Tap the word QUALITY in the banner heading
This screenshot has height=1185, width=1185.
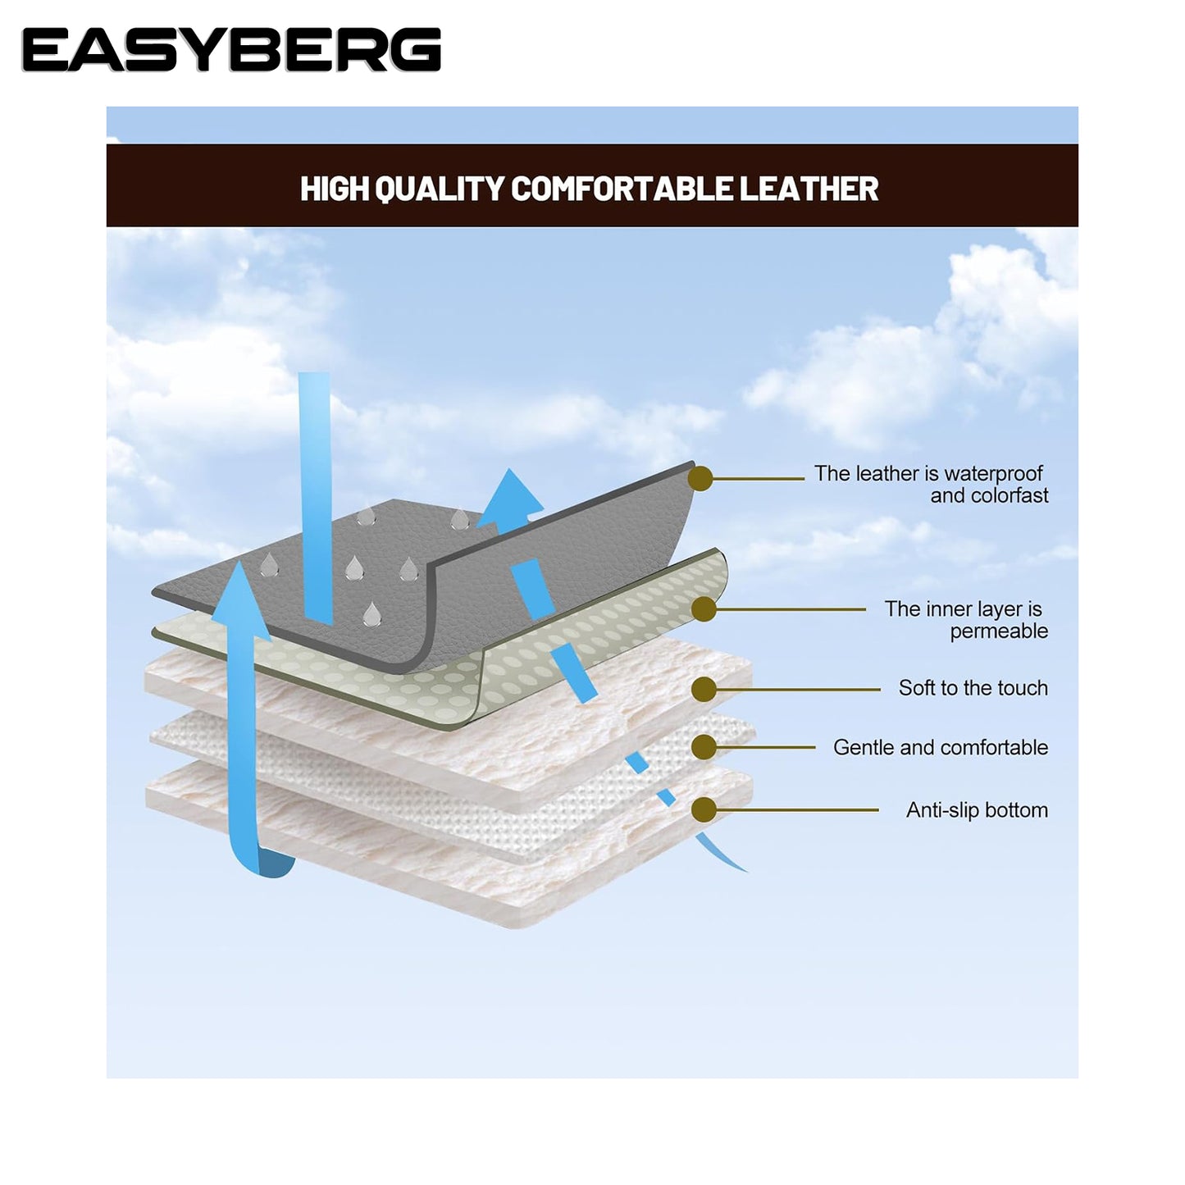(x=438, y=189)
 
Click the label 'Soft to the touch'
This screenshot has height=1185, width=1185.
(x=973, y=688)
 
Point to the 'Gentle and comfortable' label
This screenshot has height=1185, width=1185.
(x=940, y=748)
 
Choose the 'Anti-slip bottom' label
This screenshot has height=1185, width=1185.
(x=976, y=810)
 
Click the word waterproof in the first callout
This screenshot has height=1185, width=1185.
(x=993, y=474)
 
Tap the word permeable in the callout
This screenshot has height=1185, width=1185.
(x=998, y=631)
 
